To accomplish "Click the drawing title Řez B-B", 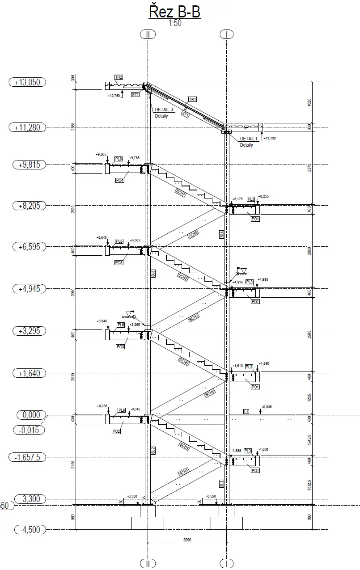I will click(x=175, y=12).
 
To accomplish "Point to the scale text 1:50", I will click(x=175, y=24).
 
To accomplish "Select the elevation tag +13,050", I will click(x=27, y=82).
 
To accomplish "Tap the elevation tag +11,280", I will click(x=27, y=127).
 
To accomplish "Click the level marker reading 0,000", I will click(x=31, y=415).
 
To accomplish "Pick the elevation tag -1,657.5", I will click(x=27, y=457).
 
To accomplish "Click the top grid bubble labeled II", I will click(x=148, y=34).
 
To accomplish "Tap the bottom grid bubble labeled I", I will click(x=227, y=563).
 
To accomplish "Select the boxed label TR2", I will click(x=119, y=77).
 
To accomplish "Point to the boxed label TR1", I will click(x=193, y=99).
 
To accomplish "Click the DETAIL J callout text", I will click(x=164, y=110).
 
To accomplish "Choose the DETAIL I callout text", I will click(x=249, y=139).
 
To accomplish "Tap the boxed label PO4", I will click(x=119, y=180).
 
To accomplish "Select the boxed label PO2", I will click(x=116, y=431).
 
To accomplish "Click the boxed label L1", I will click(x=246, y=411).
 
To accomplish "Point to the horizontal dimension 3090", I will click(x=187, y=540).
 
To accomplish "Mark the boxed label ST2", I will click(x=135, y=95).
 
